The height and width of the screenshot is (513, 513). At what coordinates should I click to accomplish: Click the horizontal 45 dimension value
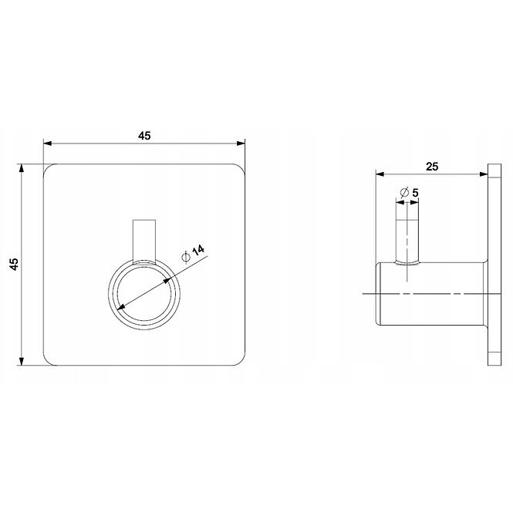(x=144, y=136)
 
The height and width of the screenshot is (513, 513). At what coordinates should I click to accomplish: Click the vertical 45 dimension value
(x=14, y=264)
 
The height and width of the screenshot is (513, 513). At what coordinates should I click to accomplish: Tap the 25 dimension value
(x=432, y=167)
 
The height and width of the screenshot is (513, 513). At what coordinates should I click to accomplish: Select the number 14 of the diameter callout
(x=198, y=250)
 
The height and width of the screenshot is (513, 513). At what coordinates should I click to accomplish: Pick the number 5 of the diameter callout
(x=415, y=193)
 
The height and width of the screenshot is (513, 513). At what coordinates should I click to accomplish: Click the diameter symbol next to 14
(x=186, y=258)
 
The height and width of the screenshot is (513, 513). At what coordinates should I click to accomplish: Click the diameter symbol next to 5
(x=405, y=193)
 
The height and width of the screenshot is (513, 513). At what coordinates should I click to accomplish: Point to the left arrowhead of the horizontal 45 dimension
(x=48, y=143)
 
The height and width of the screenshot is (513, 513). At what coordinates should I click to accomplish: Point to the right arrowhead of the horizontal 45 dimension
(x=241, y=143)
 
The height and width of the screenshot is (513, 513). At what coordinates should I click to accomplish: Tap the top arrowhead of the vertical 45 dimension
(x=22, y=168)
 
